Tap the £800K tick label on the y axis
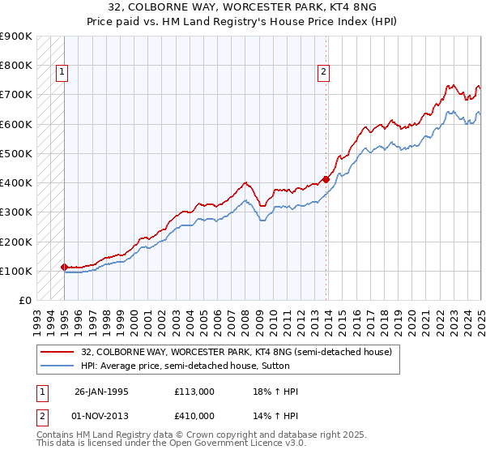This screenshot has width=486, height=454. pos(15,66)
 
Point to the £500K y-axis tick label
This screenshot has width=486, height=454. pos(15,153)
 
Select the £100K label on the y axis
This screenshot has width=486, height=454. pos(15,271)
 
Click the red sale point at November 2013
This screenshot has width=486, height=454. pos(326,179)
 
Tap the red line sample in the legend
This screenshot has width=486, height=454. pos(58,352)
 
